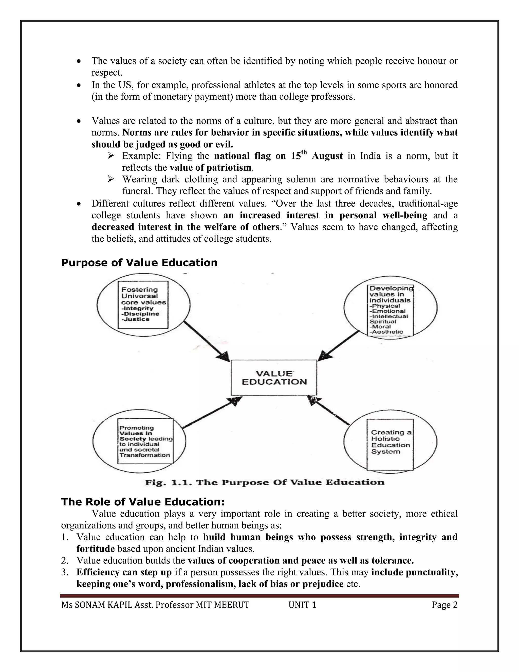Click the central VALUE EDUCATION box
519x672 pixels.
(274, 378)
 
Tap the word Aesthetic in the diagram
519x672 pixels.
(388, 332)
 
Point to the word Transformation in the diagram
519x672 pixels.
(145, 455)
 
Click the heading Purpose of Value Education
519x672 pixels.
(139, 263)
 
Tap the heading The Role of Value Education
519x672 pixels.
(143, 502)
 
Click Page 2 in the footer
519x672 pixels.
(444, 605)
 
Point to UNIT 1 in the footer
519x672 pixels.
(302, 605)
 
